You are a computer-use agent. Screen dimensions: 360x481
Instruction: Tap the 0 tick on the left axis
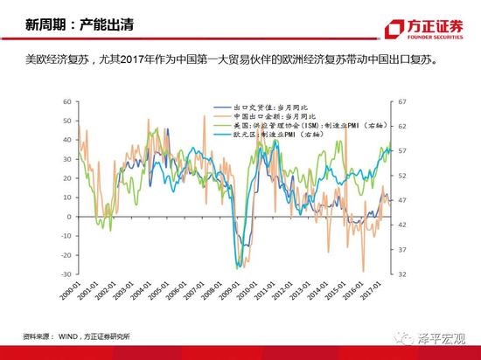[x=67, y=217]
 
